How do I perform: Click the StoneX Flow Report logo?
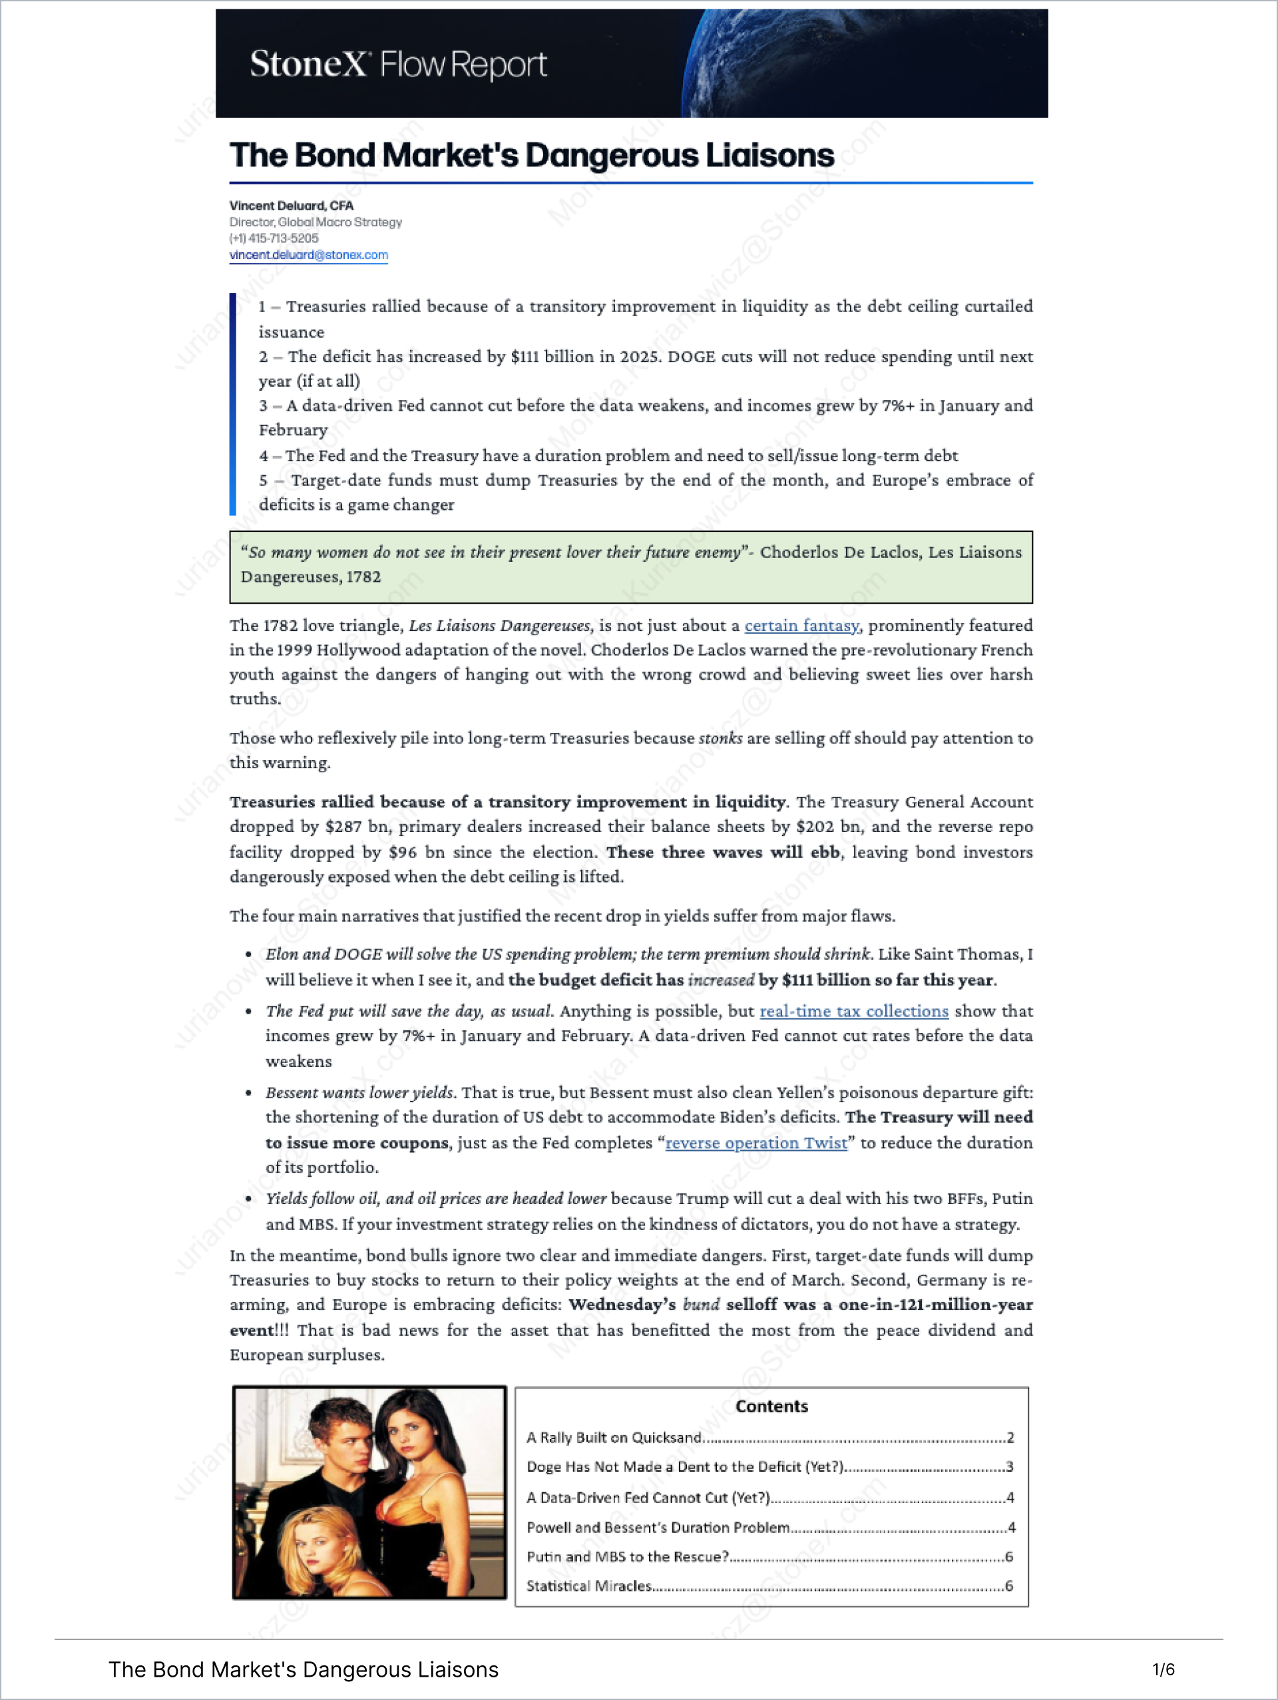point(398,65)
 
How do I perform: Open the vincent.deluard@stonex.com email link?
point(308,254)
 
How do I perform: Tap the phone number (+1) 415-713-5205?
point(274,238)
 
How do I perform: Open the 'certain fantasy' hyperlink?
point(801,626)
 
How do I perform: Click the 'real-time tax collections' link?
point(854,1011)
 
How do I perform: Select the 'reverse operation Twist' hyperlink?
point(756,1143)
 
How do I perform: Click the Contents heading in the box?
point(771,1406)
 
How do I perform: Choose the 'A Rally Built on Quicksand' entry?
point(614,1437)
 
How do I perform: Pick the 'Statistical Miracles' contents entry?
point(588,1586)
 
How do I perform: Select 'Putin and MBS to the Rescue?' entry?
point(627,1556)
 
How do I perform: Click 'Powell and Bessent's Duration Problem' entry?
point(658,1527)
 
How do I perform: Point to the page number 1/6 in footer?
point(1164,1669)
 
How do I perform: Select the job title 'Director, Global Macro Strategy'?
point(315,222)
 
